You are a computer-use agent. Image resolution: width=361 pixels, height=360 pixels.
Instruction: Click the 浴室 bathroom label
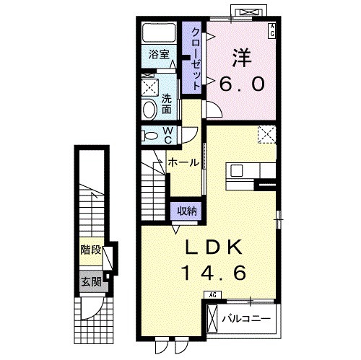[x=159, y=54]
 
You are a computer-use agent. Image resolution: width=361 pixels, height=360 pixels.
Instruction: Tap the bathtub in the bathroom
[x=159, y=32]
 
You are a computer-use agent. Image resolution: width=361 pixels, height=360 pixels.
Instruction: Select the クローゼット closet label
[x=196, y=59]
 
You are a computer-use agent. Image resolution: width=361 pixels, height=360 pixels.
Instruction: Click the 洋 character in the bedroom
[x=241, y=58]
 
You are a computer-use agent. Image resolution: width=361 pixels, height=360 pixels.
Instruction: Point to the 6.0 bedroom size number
[x=242, y=84]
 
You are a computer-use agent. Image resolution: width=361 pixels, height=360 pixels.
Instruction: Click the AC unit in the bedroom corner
[x=272, y=30]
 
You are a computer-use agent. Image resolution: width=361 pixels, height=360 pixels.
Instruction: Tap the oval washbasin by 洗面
[x=149, y=110]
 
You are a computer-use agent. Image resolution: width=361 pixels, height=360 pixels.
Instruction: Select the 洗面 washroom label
[x=166, y=104]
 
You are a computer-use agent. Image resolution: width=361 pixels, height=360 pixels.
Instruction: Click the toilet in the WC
[x=149, y=136]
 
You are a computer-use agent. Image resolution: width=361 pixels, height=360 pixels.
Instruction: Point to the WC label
[x=168, y=136]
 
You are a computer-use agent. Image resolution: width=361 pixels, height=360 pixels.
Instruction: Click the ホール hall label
[x=184, y=163]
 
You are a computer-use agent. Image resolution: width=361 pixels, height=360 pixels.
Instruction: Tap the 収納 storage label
[x=187, y=211]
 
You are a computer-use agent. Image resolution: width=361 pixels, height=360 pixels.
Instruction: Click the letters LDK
[x=214, y=247]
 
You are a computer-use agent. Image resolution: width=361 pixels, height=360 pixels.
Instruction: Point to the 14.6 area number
[x=214, y=273]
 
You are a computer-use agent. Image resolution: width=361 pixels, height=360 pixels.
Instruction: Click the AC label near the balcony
[x=212, y=295]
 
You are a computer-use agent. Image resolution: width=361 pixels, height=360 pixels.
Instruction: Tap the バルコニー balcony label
[x=246, y=319]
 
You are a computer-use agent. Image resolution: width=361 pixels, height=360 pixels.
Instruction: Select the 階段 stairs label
[x=91, y=250]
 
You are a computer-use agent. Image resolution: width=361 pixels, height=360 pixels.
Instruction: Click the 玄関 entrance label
[x=92, y=281]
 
